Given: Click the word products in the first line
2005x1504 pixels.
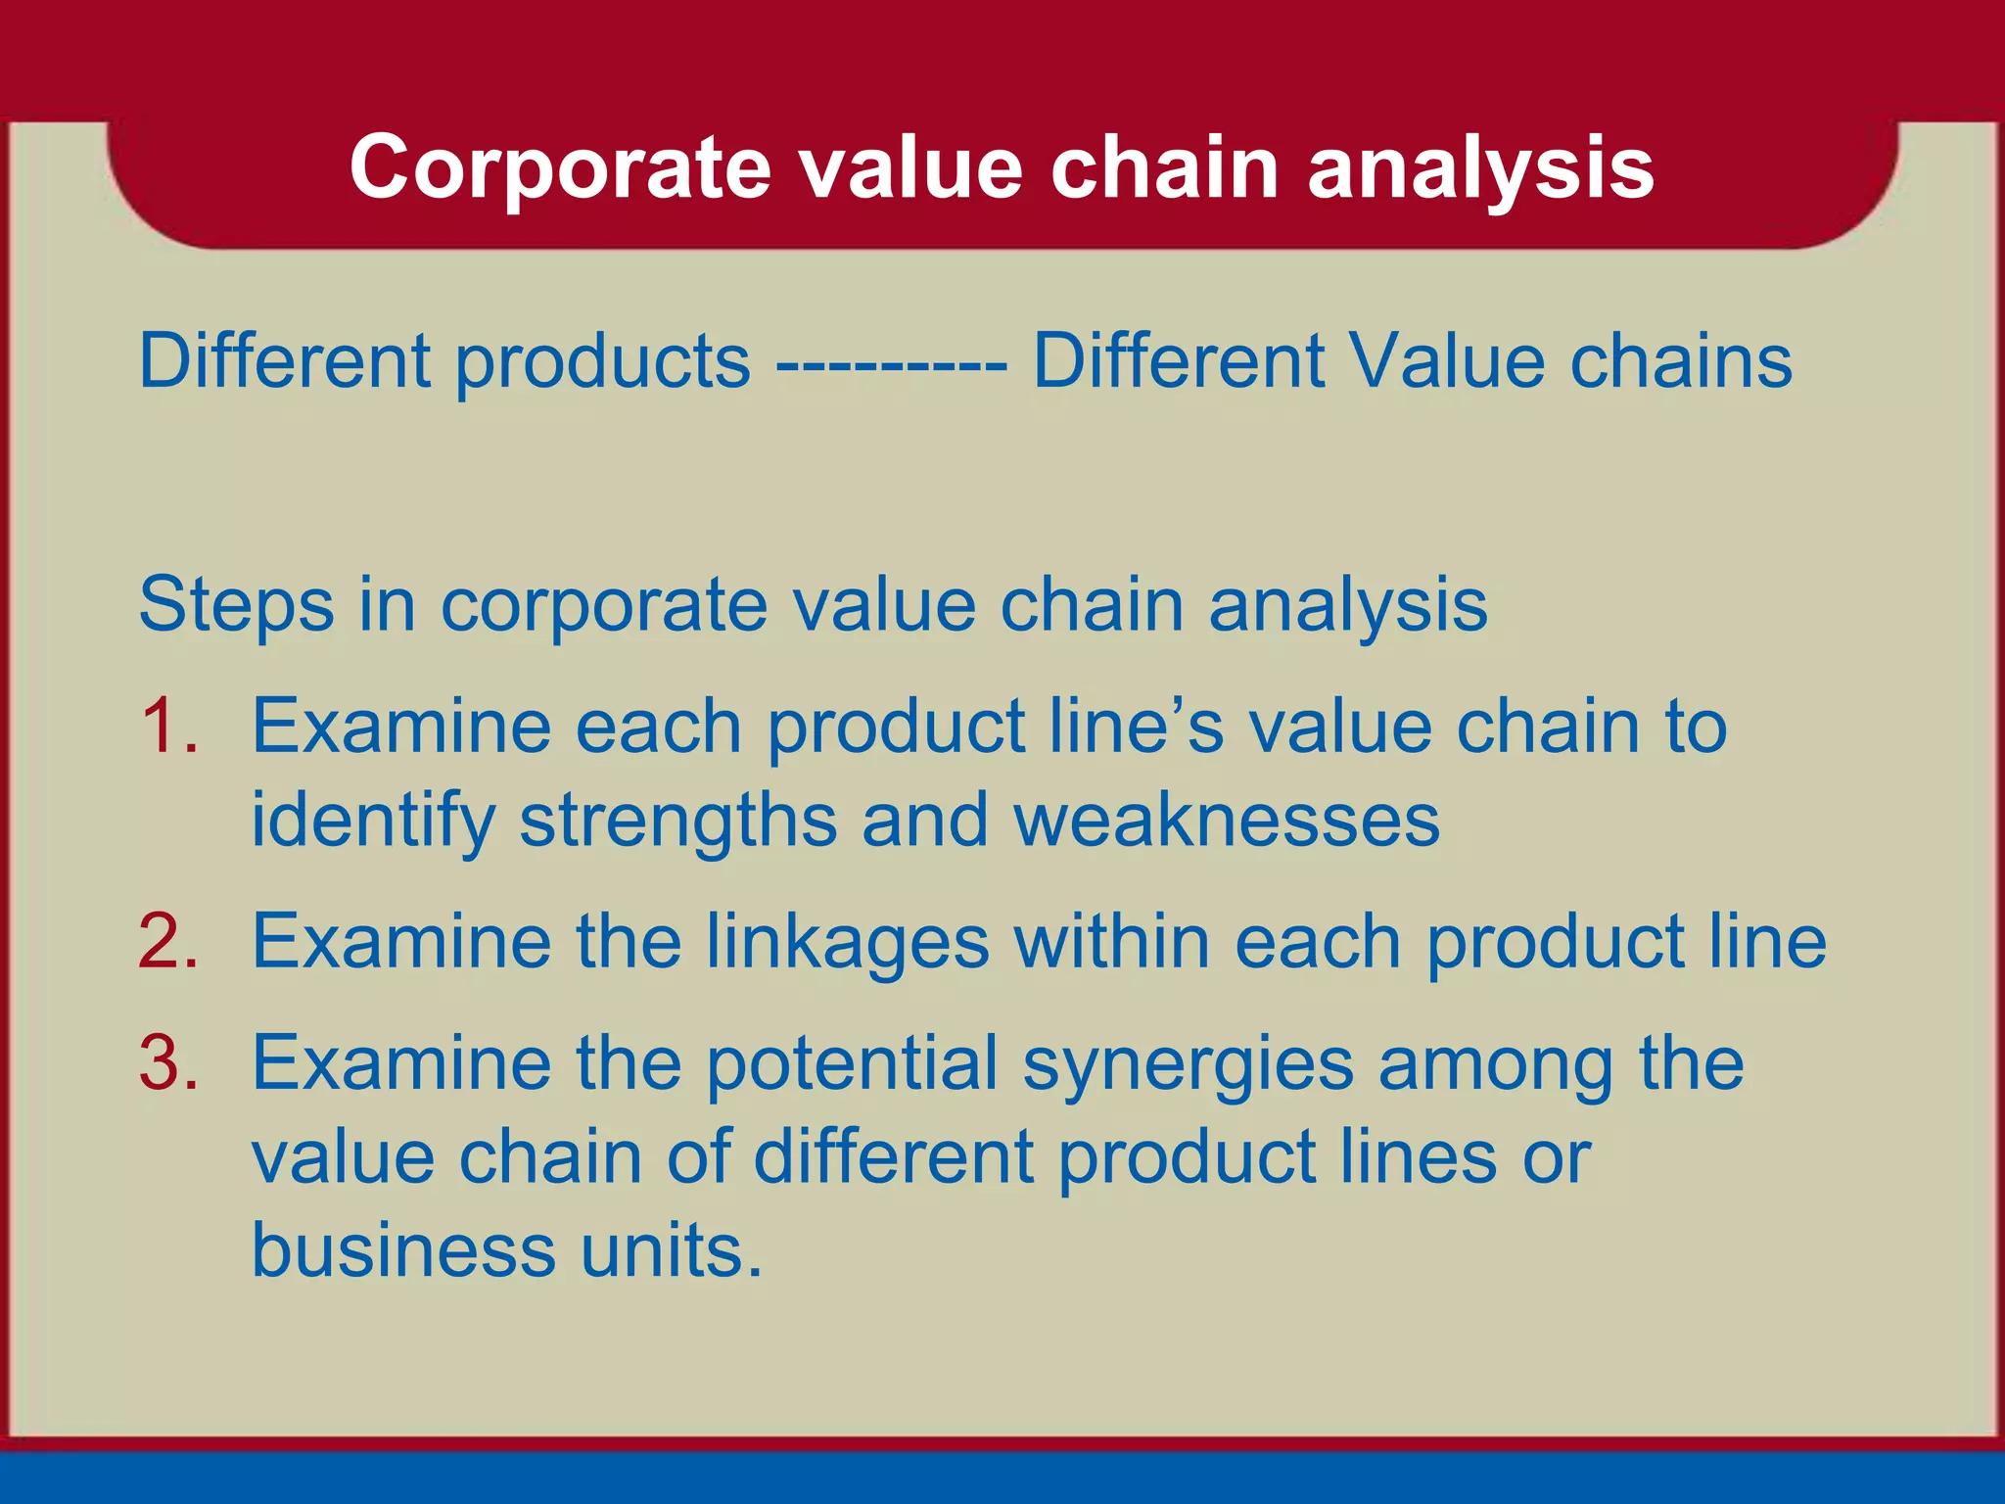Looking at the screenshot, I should point(602,362).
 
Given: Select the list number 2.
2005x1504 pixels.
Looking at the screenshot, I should point(168,942).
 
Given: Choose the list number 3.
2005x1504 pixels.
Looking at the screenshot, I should point(168,1063).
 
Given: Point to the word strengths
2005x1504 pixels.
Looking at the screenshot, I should point(677,821).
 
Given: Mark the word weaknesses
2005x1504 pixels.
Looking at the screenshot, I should point(1227,821).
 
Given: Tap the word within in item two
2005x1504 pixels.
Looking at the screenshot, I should point(1112,942).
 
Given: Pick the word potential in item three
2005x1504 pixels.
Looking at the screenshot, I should point(852,1063).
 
